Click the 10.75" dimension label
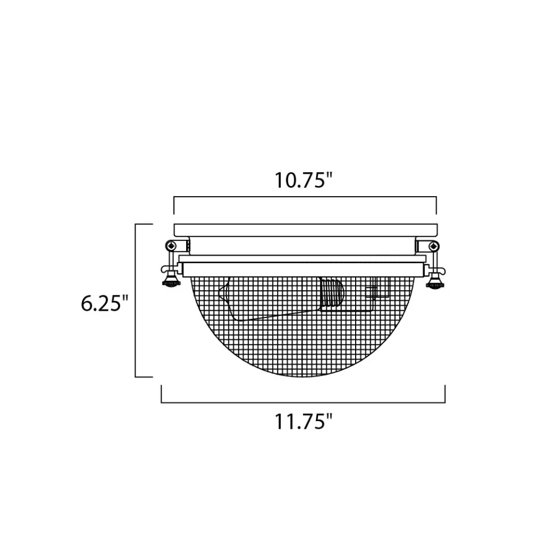304,180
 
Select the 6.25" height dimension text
105,303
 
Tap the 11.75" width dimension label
304,422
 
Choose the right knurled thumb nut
435,283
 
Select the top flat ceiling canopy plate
306,230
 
